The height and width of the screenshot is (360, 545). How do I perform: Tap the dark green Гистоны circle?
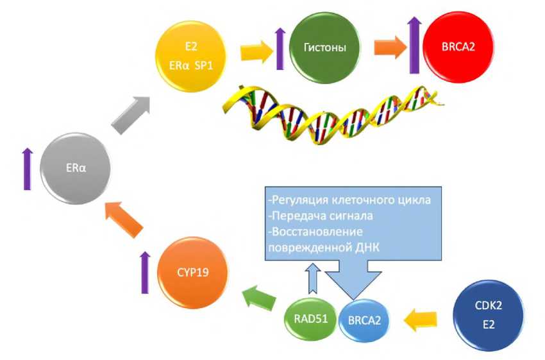point(324,48)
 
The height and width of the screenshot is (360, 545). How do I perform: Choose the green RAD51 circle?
point(309,316)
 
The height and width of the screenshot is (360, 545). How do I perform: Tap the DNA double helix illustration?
point(331,113)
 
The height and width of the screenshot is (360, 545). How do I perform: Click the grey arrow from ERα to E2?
point(132,114)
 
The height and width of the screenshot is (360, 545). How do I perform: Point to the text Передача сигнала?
point(318,216)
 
